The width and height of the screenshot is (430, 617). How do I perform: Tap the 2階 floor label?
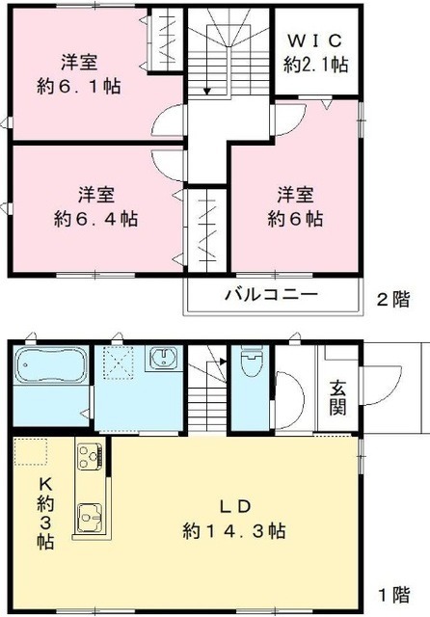coord(391,300)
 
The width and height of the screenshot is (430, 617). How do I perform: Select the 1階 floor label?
coord(391,594)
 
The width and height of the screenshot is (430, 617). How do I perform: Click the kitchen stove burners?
coord(88,454)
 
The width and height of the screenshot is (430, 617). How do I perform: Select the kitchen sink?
coord(89,517)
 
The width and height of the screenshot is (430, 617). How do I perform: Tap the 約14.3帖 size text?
coord(235,530)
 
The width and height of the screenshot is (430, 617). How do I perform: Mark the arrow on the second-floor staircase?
coord(205,91)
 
